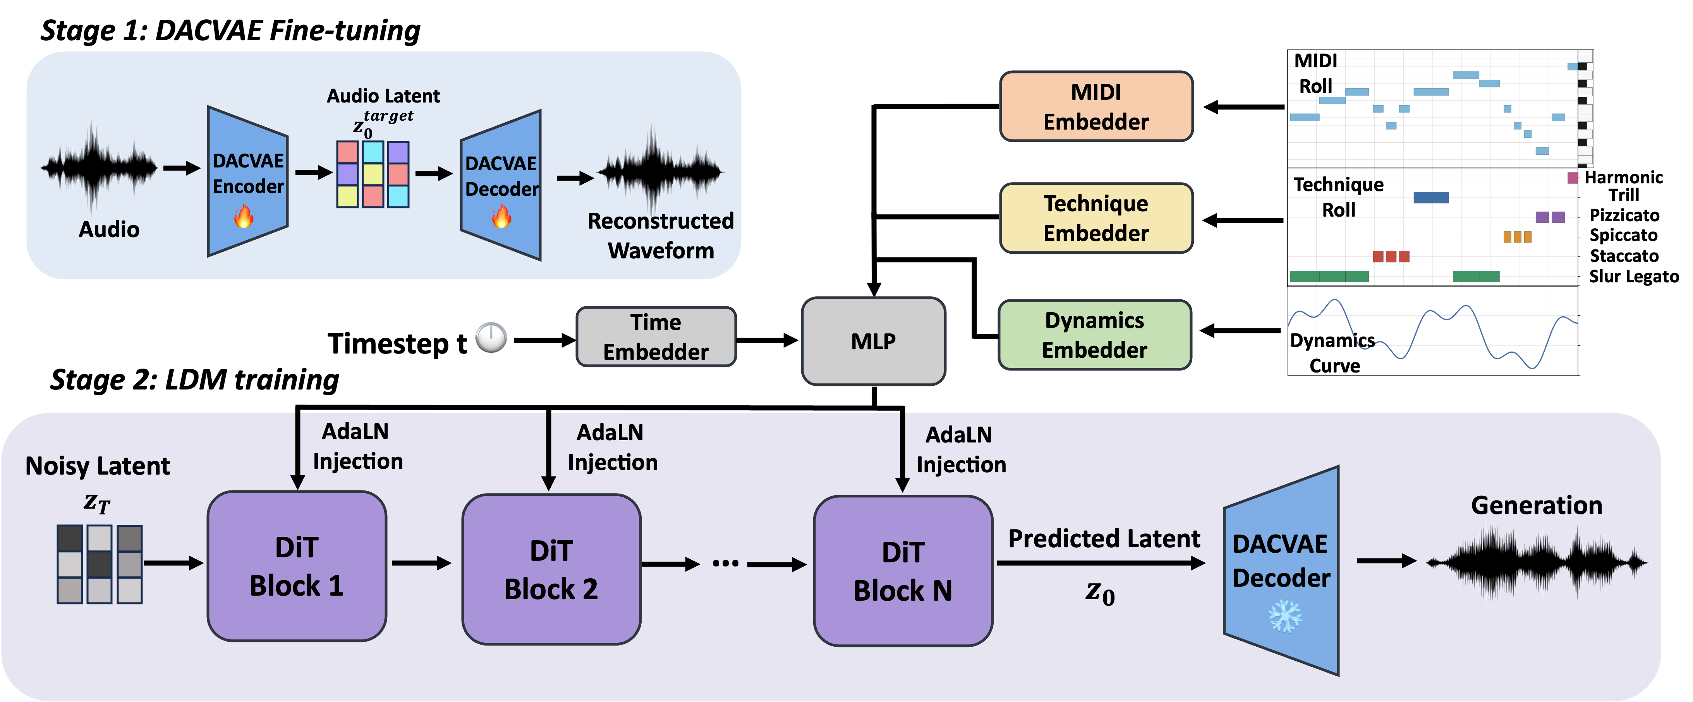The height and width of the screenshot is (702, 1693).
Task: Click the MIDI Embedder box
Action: pos(1095,106)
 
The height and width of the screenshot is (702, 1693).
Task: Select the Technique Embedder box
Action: pos(1095,218)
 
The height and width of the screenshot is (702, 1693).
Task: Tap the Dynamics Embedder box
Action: pos(1094,335)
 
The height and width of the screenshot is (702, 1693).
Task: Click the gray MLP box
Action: pos(873,341)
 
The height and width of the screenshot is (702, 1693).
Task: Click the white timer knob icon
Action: pos(491,338)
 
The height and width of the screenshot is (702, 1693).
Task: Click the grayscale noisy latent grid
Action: pos(99,564)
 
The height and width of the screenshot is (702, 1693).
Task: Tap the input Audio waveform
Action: pos(99,167)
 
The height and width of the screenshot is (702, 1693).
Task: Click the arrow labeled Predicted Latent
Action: pos(1101,563)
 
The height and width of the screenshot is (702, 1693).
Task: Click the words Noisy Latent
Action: pos(97,466)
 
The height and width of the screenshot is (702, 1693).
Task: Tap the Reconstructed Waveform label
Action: pos(661,235)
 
